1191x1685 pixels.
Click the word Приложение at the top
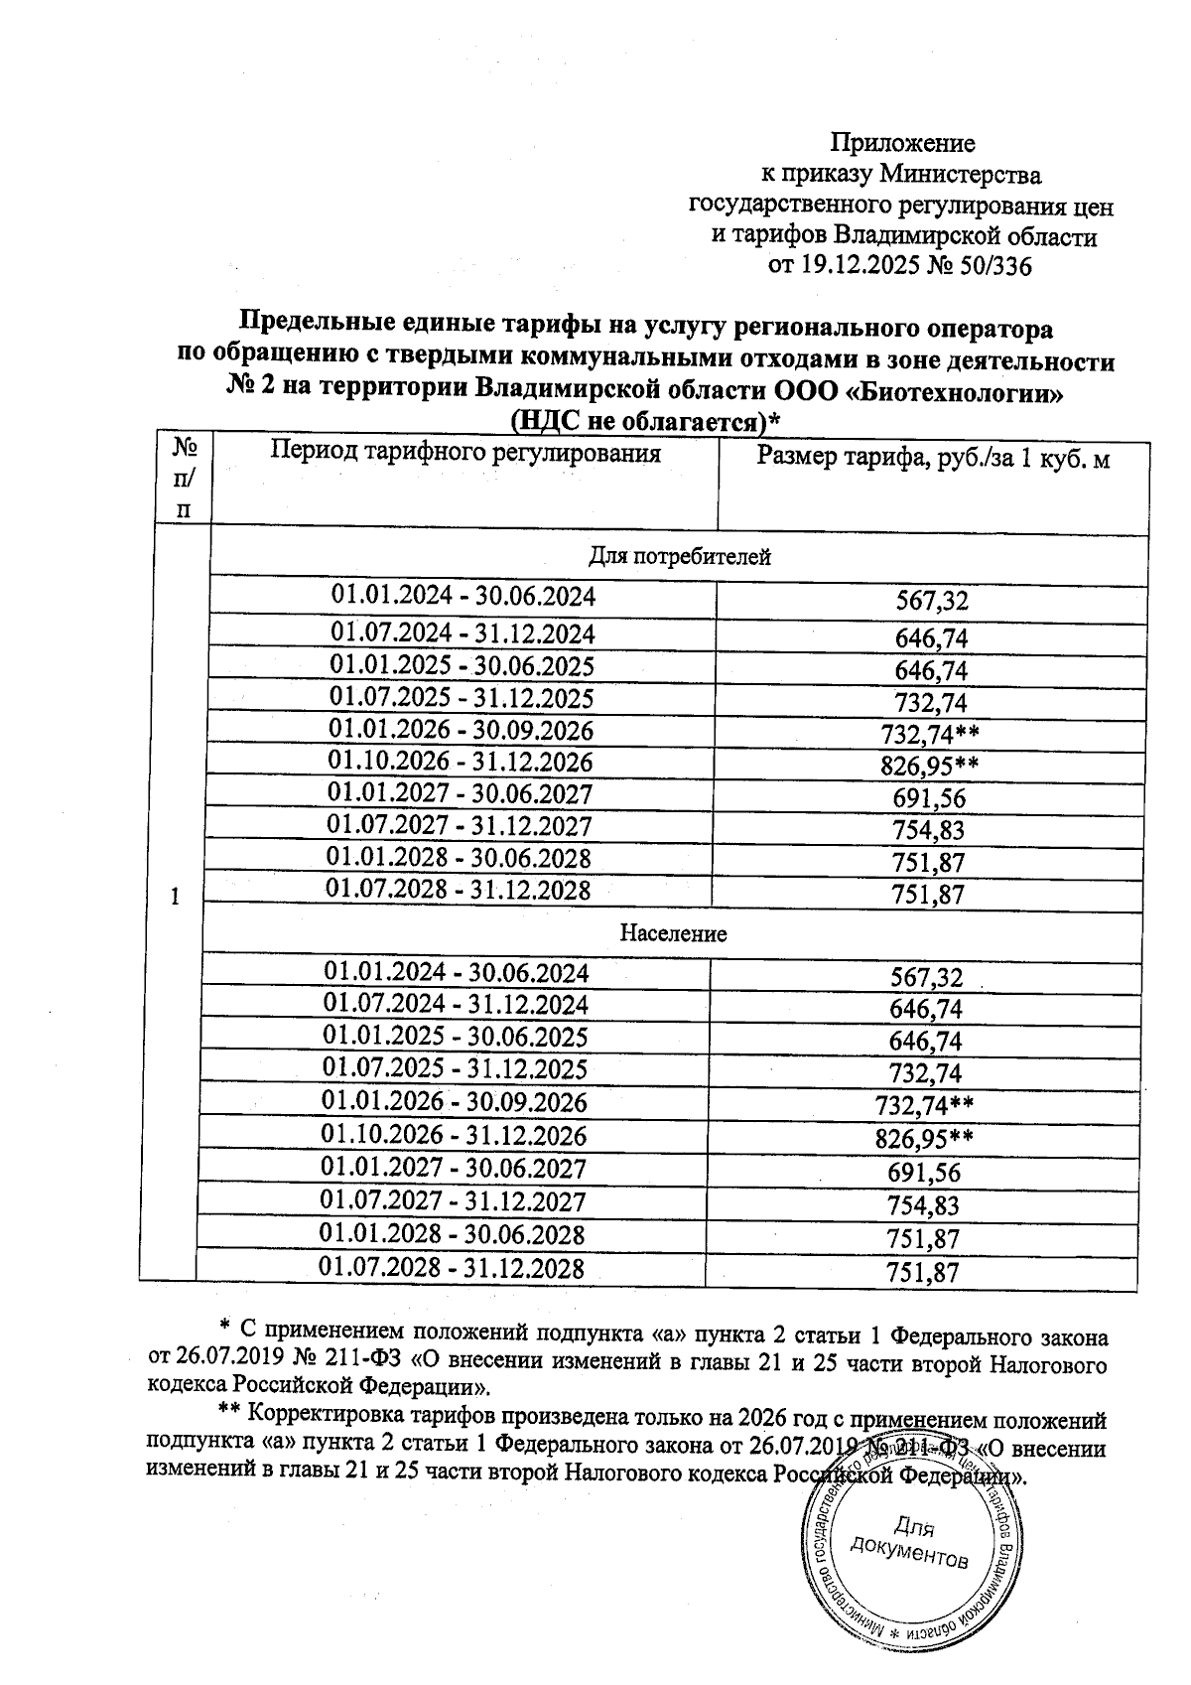click(x=902, y=143)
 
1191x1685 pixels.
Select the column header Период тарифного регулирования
click(x=465, y=454)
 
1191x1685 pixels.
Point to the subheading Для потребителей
click(x=679, y=556)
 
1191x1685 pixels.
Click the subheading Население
click(x=673, y=933)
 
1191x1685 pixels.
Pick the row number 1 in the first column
click(x=175, y=897)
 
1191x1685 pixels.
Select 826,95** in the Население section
click(x=923, y=1138)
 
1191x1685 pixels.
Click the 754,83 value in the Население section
click(x=924, y=1205)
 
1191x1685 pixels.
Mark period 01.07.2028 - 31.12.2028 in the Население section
click(x=452, y=1268)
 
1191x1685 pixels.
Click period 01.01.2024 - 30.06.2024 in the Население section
click(x=456, y=972)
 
